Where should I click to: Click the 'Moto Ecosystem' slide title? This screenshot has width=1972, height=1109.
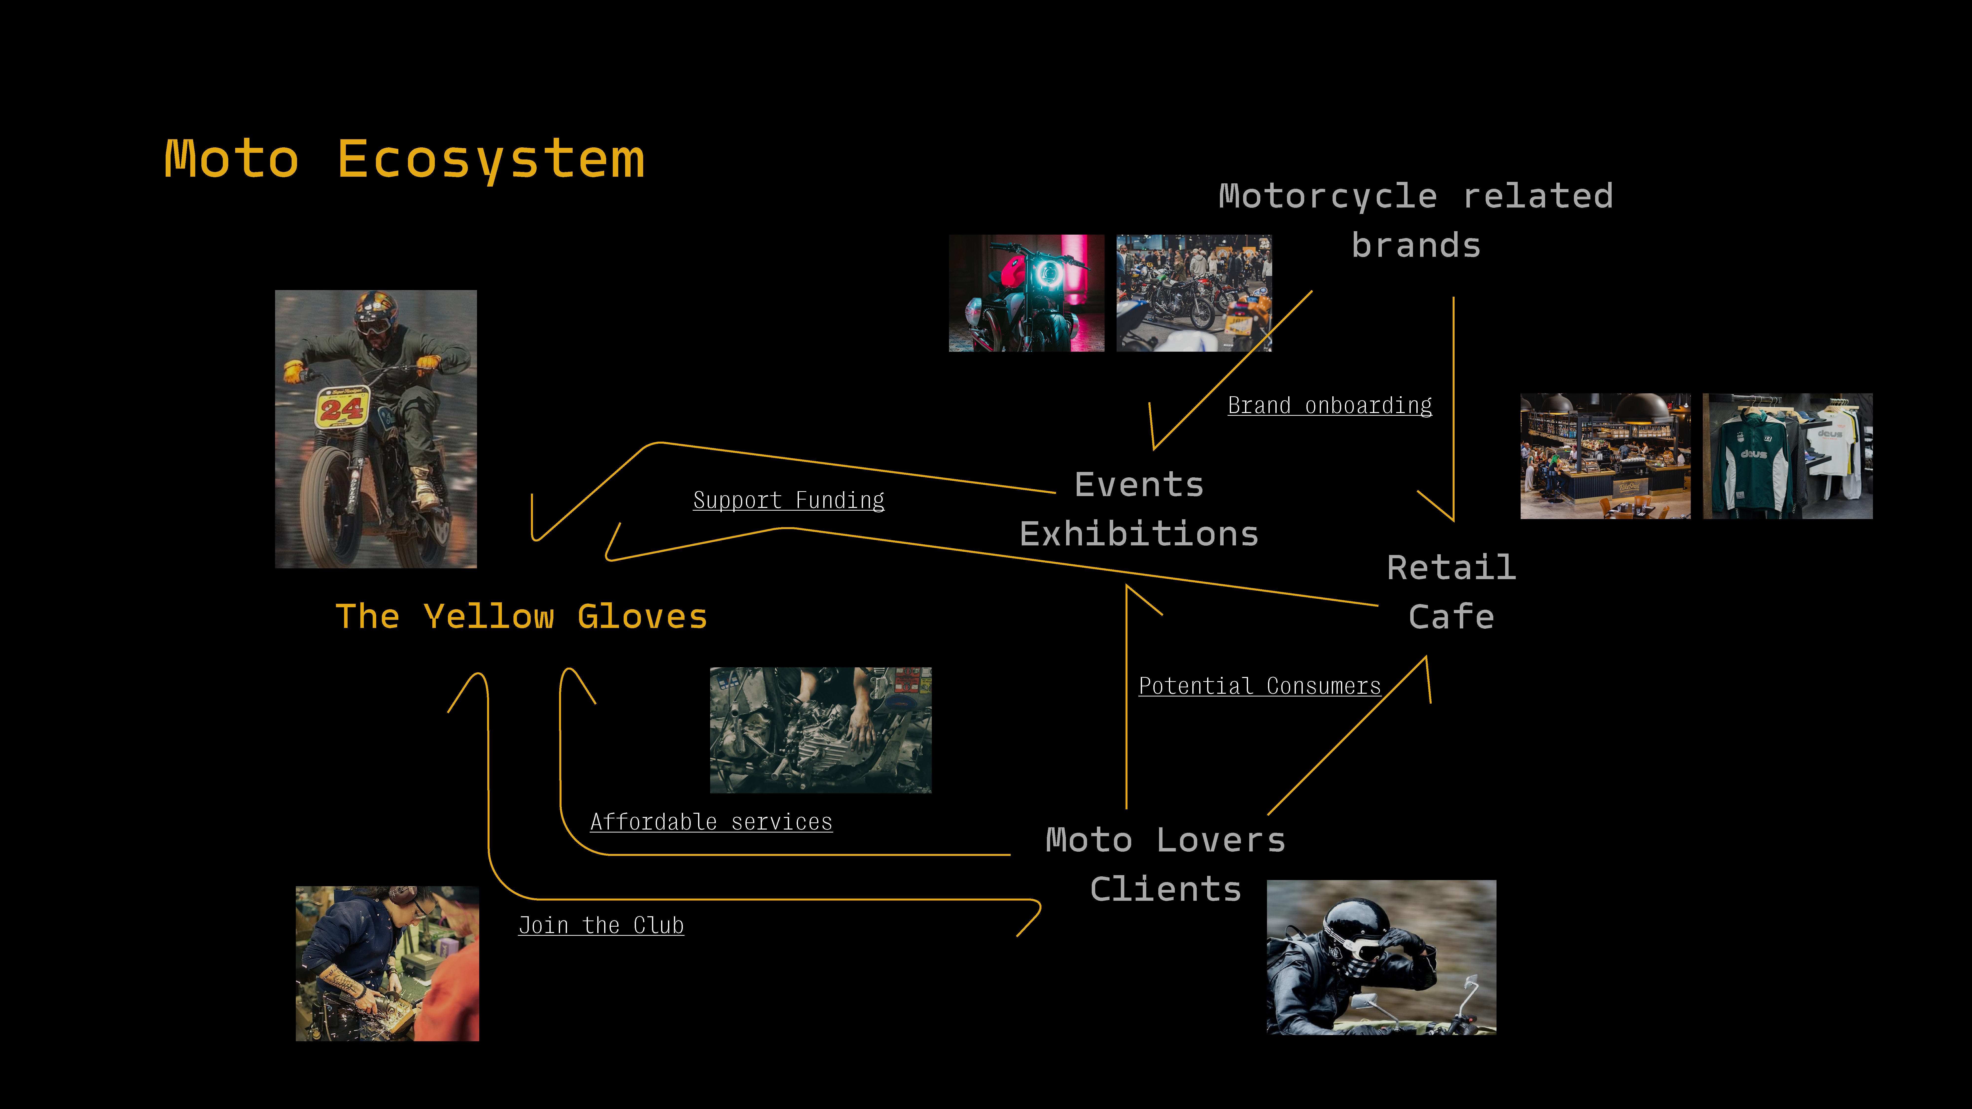[x=404, y=159]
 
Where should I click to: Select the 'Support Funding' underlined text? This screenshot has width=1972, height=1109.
[x=789, y=500]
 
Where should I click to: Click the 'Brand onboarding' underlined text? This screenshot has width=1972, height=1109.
[x=1330, y=405]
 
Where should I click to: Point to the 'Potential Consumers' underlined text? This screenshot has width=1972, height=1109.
[x=1259, y=686]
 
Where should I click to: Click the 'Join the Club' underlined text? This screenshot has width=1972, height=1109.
[x=601, y=925]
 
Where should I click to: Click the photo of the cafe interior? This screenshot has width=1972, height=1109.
[x=1605, y=456]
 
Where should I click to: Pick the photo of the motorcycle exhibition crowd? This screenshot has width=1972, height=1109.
[x=1194, y=293]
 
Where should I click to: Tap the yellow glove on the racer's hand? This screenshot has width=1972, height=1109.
[x=293, y=371]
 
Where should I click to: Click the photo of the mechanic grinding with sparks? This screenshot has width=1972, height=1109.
[x=387, y=964]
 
